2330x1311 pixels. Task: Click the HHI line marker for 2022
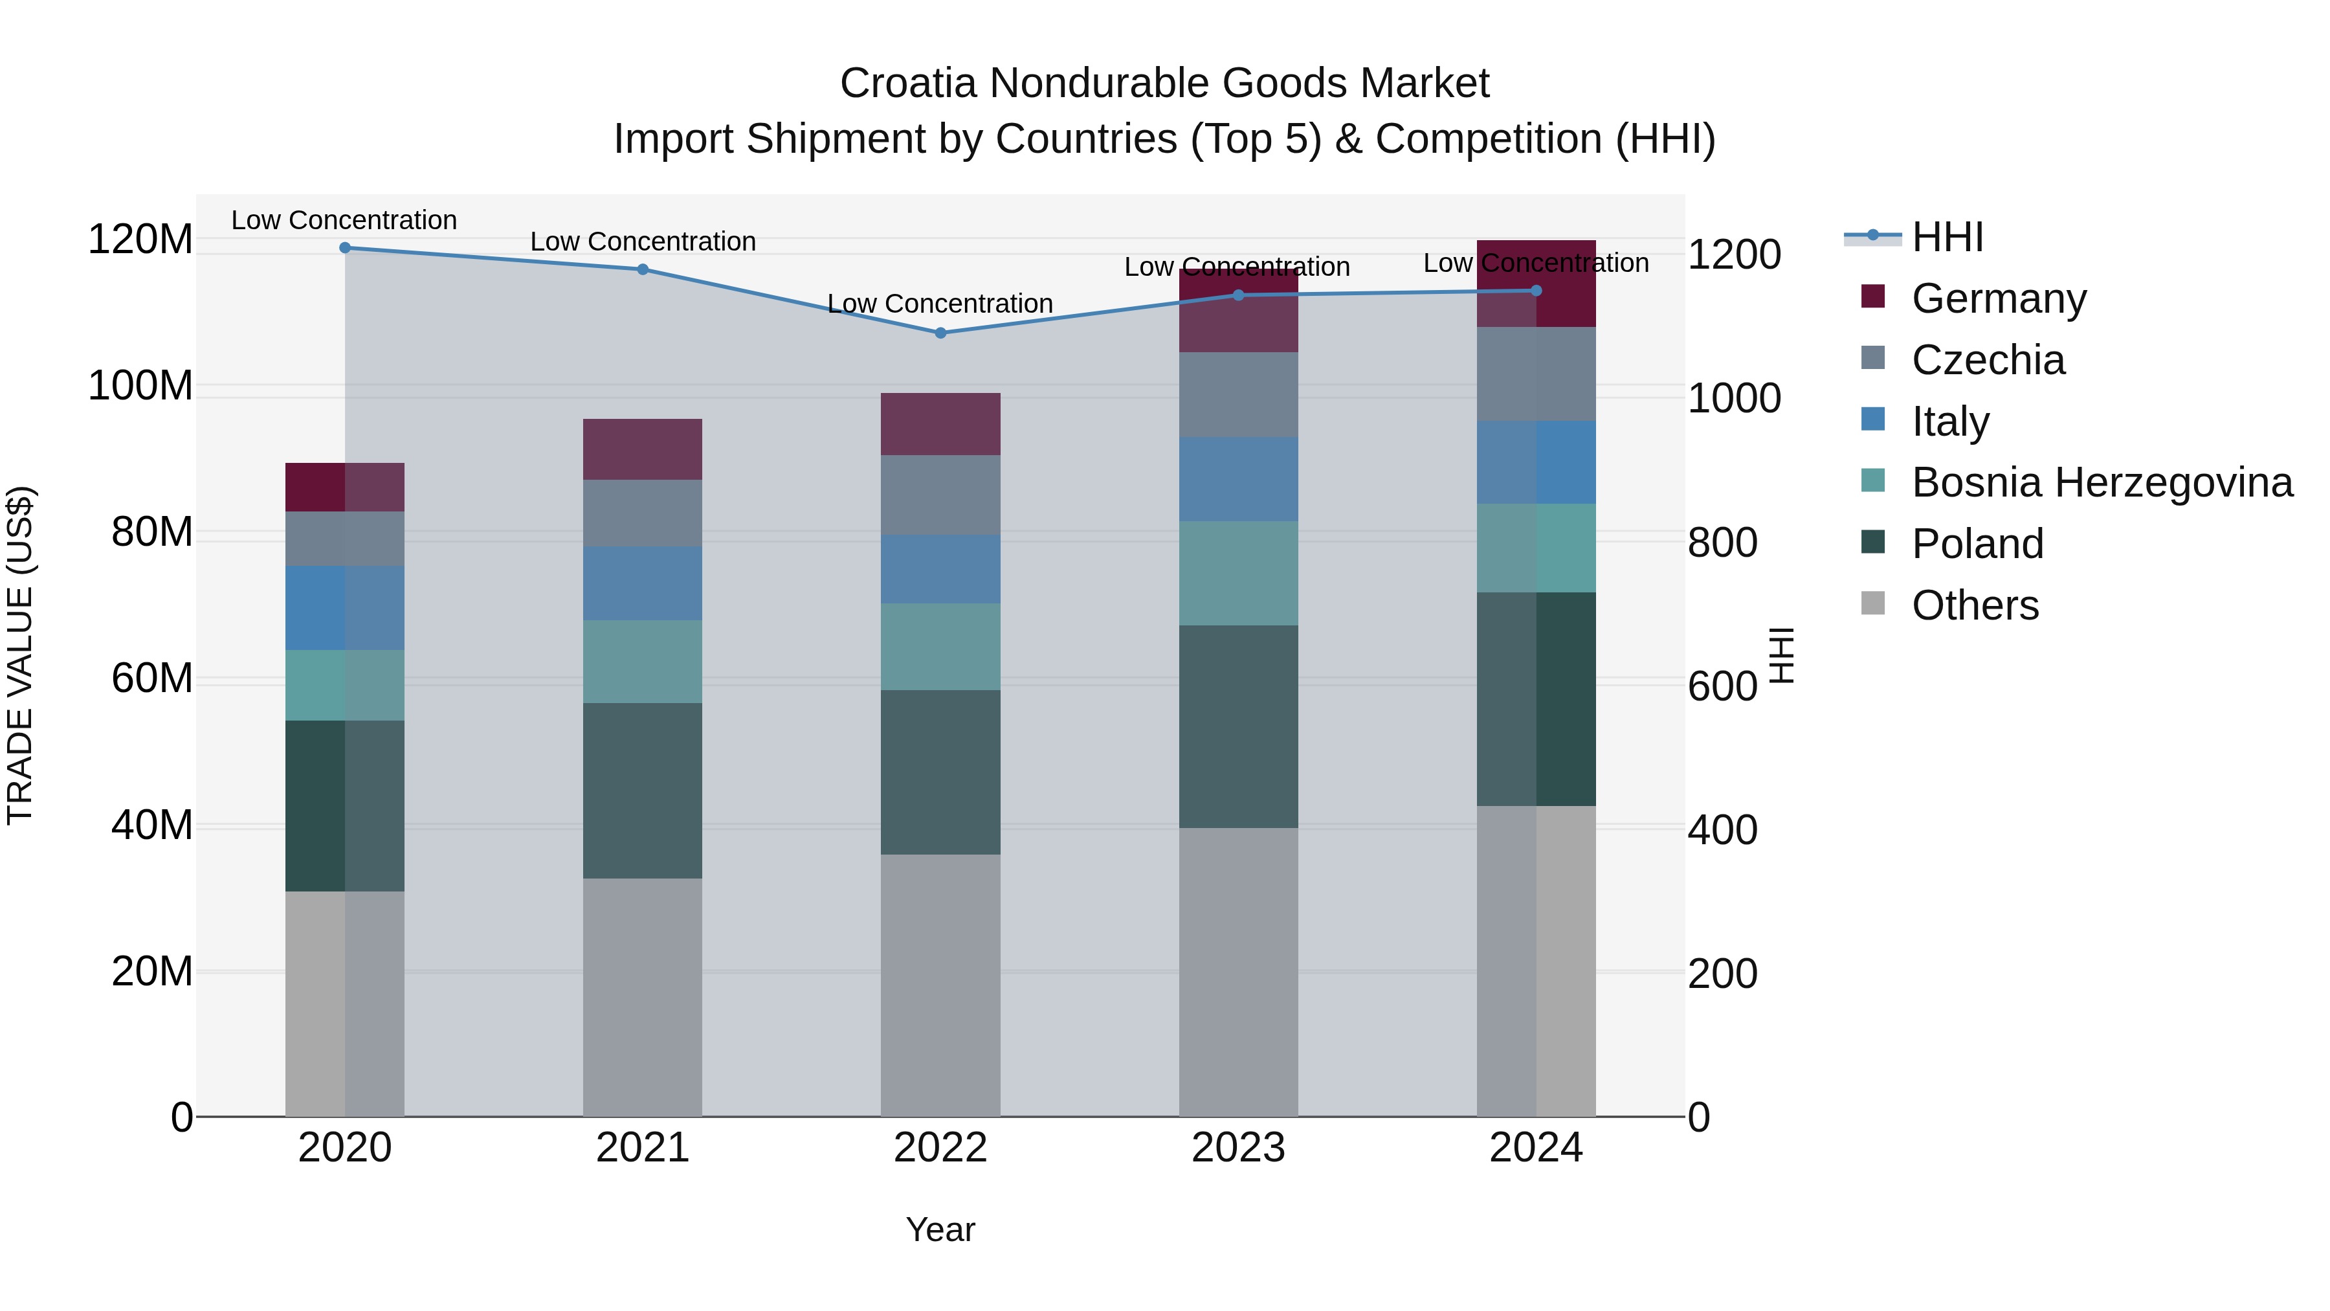[940, 333]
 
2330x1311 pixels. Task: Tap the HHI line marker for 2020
[344, 247]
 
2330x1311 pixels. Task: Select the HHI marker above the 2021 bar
[642, 269]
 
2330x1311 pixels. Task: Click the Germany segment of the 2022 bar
[940, 423]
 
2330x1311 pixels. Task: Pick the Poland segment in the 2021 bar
[642, 790]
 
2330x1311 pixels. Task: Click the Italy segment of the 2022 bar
[940, 568]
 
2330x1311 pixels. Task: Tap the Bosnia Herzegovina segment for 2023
[1237, 573]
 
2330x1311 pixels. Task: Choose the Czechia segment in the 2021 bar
[642, 512]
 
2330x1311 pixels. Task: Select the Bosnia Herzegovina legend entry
[2101, 482]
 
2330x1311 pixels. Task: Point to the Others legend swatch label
[1975, 605]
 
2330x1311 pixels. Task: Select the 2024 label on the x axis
[1535, 1148]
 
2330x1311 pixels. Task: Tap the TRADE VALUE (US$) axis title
[20, 655]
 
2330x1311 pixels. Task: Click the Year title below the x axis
[940, 1229]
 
